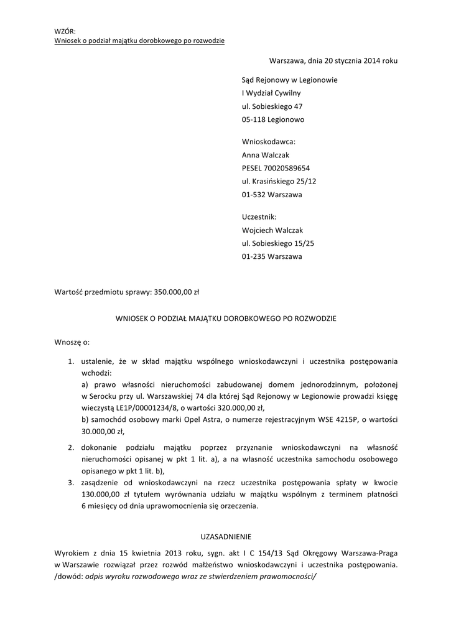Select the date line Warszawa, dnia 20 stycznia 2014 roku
pos(333,61)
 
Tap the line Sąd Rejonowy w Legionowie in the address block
pos(289,80)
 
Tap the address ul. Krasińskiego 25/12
pos(279,181)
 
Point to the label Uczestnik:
pos(259,217)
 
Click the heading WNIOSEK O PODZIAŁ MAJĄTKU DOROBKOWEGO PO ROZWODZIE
pos(226,318)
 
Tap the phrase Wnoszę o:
pos(72,342)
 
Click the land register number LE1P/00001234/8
pos(141,408)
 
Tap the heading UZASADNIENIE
pos(225,536)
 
